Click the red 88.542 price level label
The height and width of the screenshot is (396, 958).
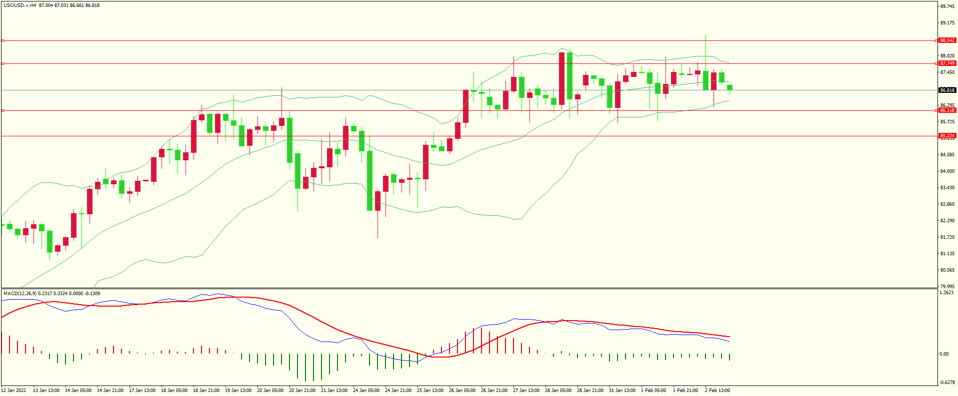click(x=947, y=40)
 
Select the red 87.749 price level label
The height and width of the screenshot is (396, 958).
click(x=947, y=63)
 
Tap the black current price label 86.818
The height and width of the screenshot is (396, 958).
click(x=947, y=90)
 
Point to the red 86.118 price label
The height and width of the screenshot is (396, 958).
click(x=947, y=110)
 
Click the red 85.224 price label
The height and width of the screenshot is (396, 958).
click(x=947, y=136)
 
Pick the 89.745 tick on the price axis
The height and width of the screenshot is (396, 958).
click(x=947, y=6)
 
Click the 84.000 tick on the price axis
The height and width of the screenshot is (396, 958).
click(x=947, y=171)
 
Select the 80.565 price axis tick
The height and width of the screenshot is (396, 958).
click(x=947, y=270)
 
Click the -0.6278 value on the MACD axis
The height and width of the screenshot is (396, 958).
click(x=947, y=383)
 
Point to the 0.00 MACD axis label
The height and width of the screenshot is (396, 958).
click(x=943, y=354)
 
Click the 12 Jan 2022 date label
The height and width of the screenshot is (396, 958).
click(x=14, y=391)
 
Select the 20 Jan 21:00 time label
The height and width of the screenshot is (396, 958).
click(x=302, y=391)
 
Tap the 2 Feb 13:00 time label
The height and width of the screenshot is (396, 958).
click(x=717, y=391)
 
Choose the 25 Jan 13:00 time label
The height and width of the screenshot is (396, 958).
click(x=430, y=391)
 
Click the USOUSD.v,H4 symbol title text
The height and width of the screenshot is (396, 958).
click(x=20, y=5)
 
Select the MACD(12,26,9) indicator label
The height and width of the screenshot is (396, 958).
click(x=19, y=294)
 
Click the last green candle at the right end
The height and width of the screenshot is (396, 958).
click(x=729, y=88)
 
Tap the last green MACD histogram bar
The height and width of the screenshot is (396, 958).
click(x=729, y=357)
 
